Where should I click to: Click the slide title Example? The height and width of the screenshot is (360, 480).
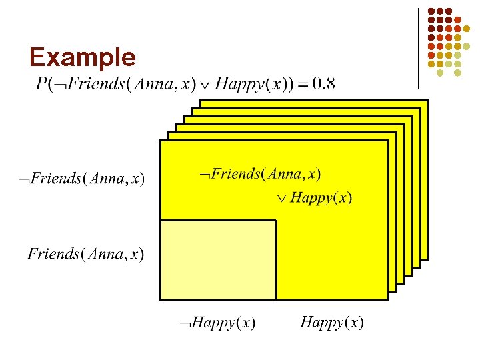[x=83, y=57]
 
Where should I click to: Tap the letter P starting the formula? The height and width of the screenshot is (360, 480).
[x=41, y=84]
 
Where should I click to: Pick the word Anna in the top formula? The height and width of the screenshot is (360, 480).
[x=153, y=84]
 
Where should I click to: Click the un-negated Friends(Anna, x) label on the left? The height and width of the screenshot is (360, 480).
[x=85, y=254]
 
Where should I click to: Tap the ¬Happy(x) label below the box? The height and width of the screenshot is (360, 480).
[x=216, y=323]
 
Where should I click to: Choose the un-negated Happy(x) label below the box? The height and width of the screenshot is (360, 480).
[x=332, y=323]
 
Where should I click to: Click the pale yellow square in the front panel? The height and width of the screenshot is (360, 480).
[x=219, y=260]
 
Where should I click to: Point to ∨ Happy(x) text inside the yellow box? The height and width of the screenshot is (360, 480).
[x=314, y=197]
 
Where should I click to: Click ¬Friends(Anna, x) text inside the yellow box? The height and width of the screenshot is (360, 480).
[x=261, y=175]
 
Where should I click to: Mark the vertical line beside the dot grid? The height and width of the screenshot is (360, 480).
[x=418, y=48]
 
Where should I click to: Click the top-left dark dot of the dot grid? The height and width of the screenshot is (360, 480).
[x=431, y=11]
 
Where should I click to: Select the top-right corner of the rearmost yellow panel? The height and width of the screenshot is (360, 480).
[x=427, y=101]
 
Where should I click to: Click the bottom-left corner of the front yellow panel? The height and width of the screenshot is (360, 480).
[x=161, y=299]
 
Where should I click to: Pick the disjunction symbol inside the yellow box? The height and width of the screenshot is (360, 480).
[x=281, y=198]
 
